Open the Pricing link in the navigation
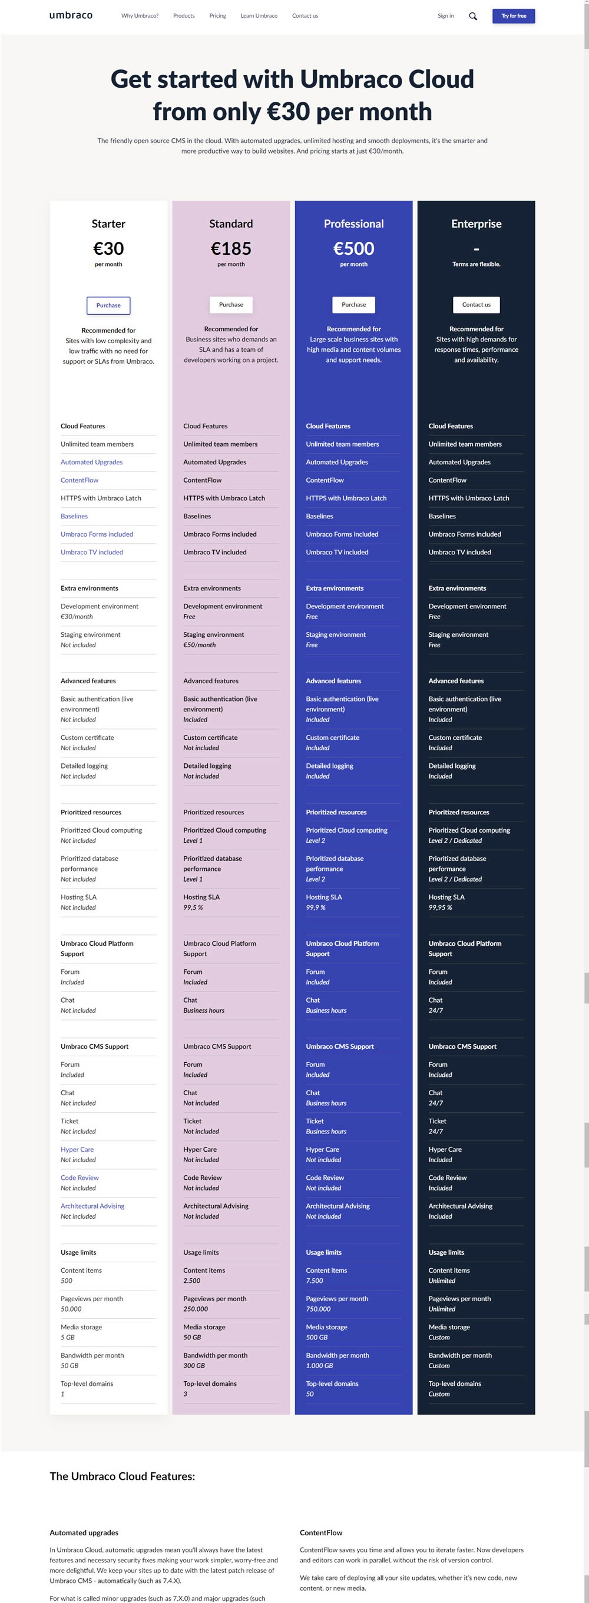[217, 16]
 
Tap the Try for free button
[513, 16]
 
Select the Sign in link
[445, 16]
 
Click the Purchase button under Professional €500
[353, 305]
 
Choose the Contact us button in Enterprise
[476, 305]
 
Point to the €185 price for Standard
[231, 249]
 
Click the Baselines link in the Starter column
[74, 517]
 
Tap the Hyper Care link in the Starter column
[77, 1150]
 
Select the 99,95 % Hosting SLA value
[440, 908]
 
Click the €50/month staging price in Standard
[199, 646]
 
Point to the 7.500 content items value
[315, 1281]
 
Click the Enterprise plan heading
[476, 224]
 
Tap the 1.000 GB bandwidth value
[319, 1366]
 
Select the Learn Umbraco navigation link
[259, 16]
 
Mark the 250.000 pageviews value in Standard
[196, 1309]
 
